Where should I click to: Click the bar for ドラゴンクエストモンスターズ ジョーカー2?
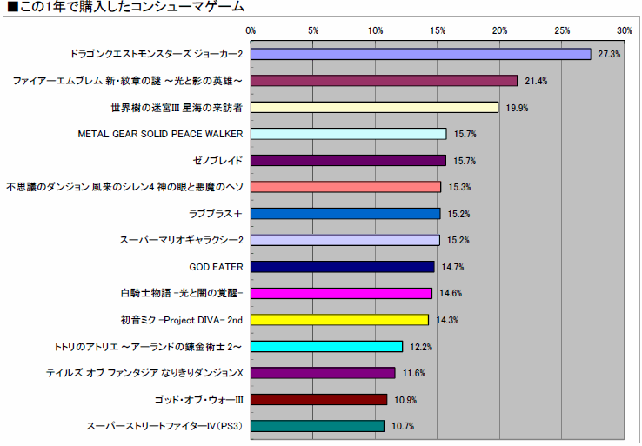click(421, 54)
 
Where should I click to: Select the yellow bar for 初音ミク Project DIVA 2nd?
click(340, 320)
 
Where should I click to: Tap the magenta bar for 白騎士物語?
click(341, 293)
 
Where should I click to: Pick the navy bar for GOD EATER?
click(342, 267)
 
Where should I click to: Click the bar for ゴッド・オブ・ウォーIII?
click(318, 400)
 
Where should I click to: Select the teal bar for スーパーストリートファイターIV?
click(318, 426)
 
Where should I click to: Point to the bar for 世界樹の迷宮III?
click(374, 108)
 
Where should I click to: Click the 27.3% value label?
click(609, 54)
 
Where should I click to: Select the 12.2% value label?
click(421, 347)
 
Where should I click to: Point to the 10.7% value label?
click(403, 426)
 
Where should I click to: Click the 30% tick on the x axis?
click(624, 30)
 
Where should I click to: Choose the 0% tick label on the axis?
click(251, 30)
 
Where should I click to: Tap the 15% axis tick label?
click(438, 30)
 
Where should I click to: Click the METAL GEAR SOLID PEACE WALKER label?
click(160, 134)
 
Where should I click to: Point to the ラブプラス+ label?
click(215, 214)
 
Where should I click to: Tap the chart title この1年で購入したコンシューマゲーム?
click(125, 7)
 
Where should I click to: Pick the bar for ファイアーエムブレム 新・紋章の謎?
click(384, 81)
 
